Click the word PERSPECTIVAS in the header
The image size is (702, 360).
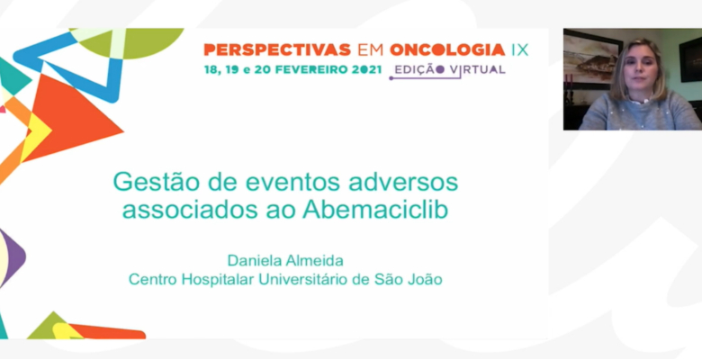[277, 49]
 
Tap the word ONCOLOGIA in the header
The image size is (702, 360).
[447, 49]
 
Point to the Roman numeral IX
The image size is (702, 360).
[519, 49]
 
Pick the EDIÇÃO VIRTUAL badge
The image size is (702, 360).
[449, 70]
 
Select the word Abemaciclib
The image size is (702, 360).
[375, 210]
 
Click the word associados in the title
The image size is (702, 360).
[190, 211]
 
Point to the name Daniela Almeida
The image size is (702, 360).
[285, 260]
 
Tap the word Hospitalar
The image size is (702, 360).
[218, 280]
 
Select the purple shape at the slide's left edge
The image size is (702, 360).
[12, 257]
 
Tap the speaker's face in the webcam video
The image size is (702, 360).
[639, 71]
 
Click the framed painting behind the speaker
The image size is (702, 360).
[592, 59]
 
